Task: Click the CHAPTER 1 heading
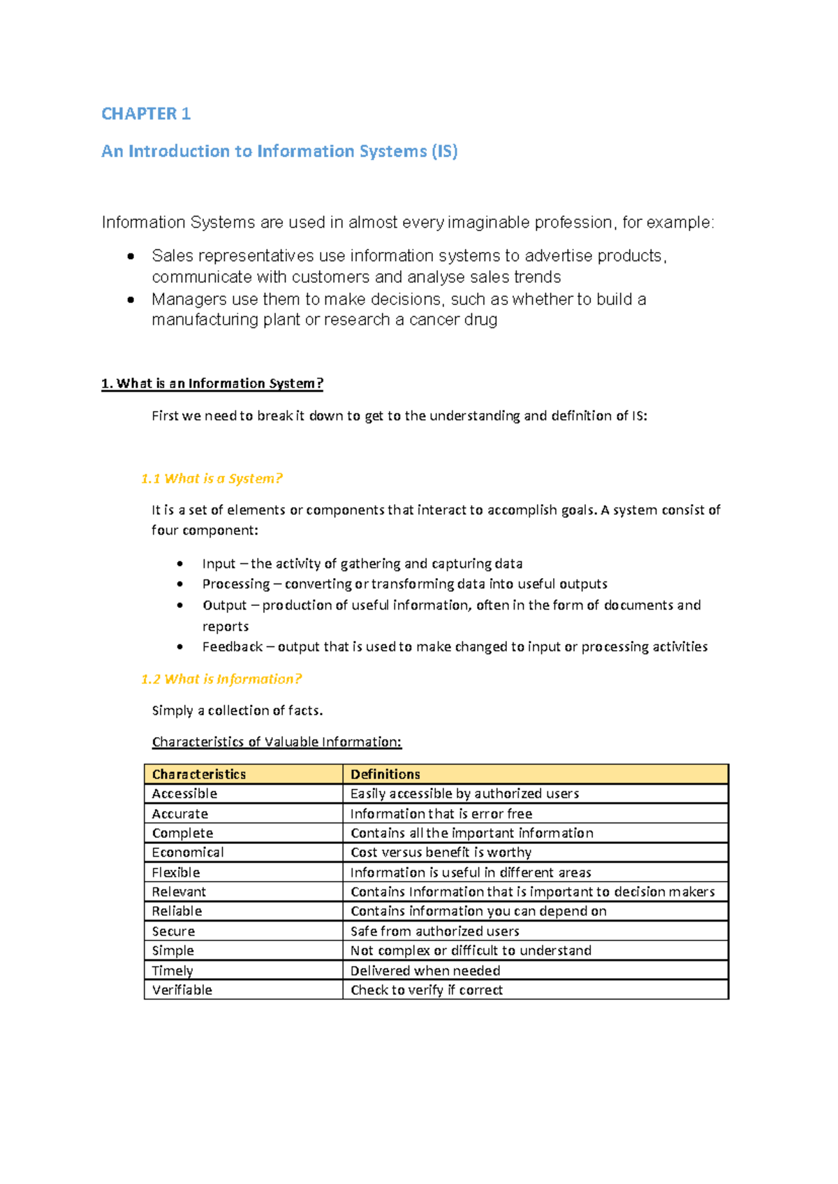tap(146, 114)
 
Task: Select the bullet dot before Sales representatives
tap(131, 256)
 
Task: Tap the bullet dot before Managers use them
tap(131, 299)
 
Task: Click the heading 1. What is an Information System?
tap(212, 383)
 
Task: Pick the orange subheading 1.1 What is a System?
tap(212, 478)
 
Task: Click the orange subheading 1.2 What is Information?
tap(221, 679)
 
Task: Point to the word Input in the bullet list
tap(219, 563)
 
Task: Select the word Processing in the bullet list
tap(235, 584)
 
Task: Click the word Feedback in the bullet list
tap(232, 646)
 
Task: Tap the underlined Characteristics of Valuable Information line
tap(277, 741)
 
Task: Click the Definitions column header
tap(385, 774)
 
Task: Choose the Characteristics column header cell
tap(199, 774)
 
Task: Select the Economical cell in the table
tap(188, 852)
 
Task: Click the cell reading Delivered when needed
tap(425, 970)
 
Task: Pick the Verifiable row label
tap(182, 990)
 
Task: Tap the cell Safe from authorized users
tap(434, 931)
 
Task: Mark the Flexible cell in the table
tap(176, 873)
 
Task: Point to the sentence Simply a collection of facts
tap(237, 711)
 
